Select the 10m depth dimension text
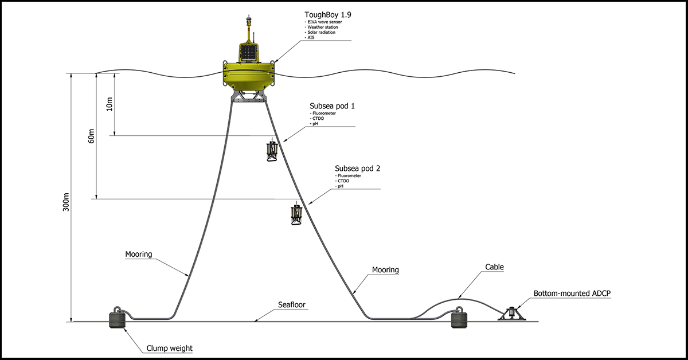click(x=110, y=104)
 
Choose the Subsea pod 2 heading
click(x=357, y=169)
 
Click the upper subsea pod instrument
click(x=272, y=151)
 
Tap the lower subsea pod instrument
click(x=296, y=214)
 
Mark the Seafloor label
click(x=292, y=304)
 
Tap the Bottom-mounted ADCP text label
click(x=572, y=294)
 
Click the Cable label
click(x=494, y=267)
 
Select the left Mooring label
click(x=139, y=254)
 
